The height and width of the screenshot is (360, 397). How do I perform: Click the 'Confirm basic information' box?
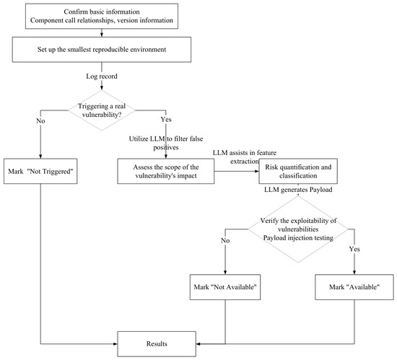point(102,16)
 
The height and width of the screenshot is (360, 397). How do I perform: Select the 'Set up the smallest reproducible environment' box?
point(102,49)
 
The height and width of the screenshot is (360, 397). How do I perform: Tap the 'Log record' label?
point(102,76)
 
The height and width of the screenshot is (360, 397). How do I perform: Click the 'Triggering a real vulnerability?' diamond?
point(102,110)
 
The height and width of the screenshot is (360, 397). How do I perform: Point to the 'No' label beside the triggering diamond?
point(40,121)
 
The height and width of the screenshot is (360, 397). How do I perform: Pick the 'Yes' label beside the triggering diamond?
point(166,119)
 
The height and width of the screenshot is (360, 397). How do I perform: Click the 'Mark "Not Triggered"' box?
point(40,171)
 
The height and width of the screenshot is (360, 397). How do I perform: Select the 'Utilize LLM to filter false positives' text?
point(166,143)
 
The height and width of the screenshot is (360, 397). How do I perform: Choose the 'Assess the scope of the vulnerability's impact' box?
point(166,171)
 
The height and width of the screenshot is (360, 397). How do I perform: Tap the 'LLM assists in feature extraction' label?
point(245,157)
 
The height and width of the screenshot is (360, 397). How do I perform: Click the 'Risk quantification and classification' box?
point(298,171)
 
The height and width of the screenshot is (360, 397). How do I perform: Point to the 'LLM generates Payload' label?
point(298,190)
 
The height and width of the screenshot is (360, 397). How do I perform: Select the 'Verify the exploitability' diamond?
point(298,229)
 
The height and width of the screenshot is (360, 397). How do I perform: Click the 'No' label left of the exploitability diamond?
point(225,240)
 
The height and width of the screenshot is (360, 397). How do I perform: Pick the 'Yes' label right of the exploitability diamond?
point(354,249)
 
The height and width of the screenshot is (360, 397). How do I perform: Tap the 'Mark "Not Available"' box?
point(225,287)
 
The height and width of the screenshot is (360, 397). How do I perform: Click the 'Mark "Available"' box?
point(354,287)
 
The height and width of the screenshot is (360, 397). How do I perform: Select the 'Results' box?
point(157,344)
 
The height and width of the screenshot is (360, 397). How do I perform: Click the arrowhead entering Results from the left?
point(115,344)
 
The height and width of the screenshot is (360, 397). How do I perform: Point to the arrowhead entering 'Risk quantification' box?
point(257,171)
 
